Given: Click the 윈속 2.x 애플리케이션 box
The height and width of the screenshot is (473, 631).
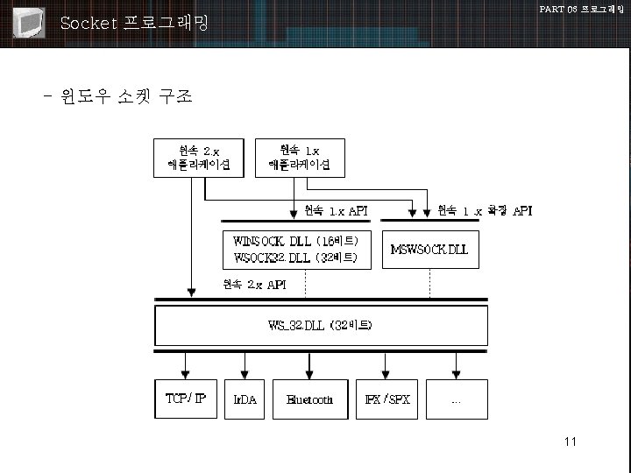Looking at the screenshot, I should tap(199, 156).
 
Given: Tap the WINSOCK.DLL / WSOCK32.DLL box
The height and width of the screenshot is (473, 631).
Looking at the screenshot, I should tap(294, 249).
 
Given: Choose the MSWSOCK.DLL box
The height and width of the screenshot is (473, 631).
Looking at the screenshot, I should tap(429, 249).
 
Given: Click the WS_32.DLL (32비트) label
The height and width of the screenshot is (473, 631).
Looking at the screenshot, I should tap(320, 326).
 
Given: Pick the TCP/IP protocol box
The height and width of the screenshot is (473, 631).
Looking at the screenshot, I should tap(186, 399).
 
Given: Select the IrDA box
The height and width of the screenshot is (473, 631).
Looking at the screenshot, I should tap(245, 399).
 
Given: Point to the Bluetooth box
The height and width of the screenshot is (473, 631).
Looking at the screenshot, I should tap(310, 399).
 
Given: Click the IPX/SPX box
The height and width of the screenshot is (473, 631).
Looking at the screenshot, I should tap(387, 399).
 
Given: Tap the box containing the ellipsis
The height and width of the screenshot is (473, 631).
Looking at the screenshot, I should tap(456, 399).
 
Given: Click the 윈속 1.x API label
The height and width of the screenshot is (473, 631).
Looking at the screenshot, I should tap(336, 210).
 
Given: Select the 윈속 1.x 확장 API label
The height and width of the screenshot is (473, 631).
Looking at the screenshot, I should tap(484, 210).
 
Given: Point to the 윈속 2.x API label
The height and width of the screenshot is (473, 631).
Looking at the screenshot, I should tap(254, 284).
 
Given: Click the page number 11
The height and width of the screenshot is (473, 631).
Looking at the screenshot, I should tap(571, 441).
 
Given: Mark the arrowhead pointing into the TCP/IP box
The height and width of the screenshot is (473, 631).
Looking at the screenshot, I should tap(186, 371).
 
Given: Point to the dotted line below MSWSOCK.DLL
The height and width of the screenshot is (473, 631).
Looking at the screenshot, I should tap(429, 282).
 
